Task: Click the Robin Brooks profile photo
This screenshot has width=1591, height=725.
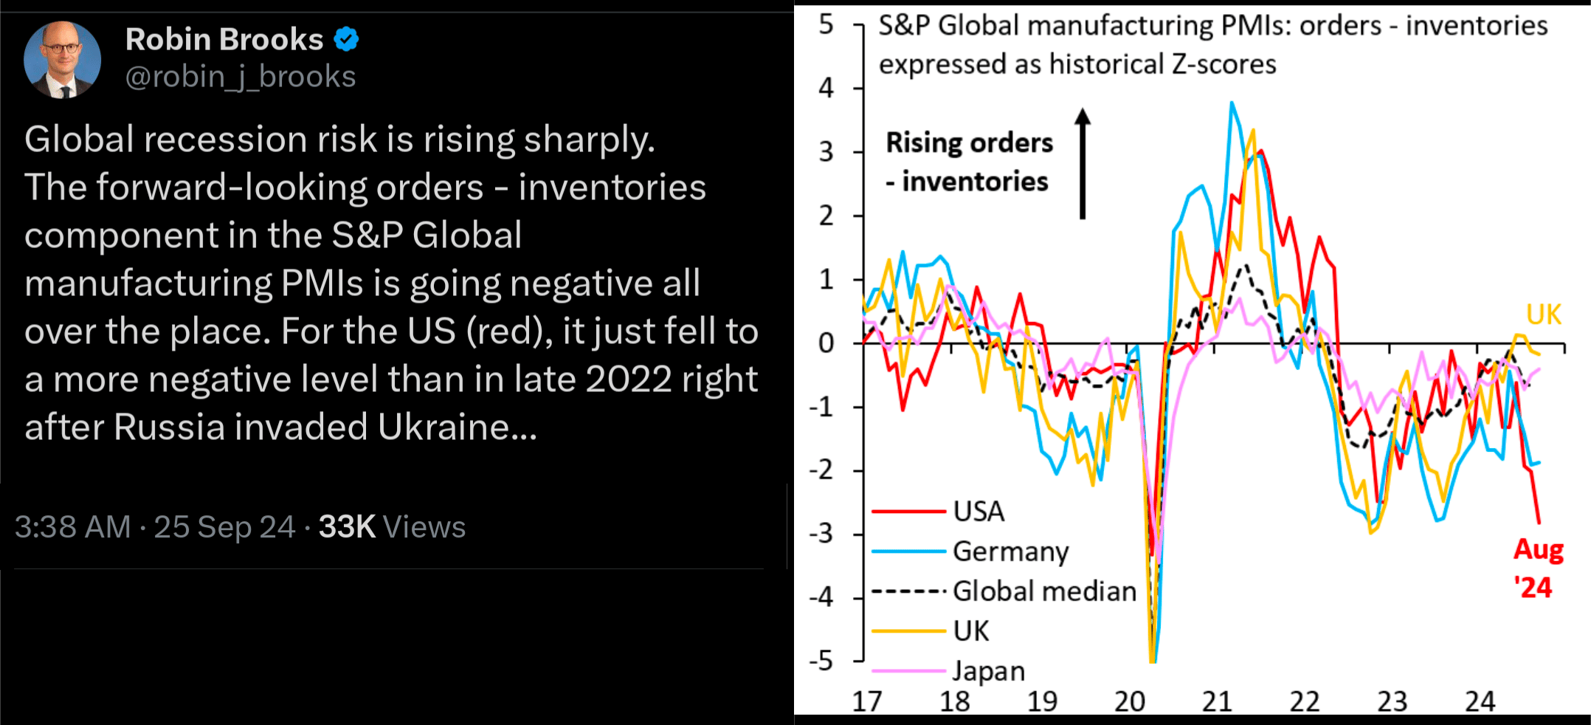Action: [62, 60]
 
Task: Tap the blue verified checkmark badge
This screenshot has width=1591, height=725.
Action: [346, 39]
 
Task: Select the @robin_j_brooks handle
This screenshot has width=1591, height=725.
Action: [241, 77]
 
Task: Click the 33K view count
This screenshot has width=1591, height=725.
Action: [348, 527]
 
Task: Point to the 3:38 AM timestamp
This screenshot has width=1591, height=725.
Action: [73, 527]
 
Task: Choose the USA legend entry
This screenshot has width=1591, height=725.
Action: [938, 511]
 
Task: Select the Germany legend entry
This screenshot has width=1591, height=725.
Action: [970, 552]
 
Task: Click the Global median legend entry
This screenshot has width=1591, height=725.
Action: [1004, 591]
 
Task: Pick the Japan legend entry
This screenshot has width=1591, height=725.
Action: [948, 670]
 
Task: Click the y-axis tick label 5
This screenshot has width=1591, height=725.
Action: [826, 24]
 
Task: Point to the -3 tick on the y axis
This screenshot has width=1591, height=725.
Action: [821, 534]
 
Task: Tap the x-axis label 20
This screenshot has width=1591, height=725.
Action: [1129, 701]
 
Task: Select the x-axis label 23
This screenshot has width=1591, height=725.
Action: [1392, 701]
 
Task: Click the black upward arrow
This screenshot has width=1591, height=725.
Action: [1083, 163]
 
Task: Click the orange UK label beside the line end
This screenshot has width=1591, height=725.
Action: [1544, 315]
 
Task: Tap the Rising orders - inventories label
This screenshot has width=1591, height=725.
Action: [969, 162]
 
